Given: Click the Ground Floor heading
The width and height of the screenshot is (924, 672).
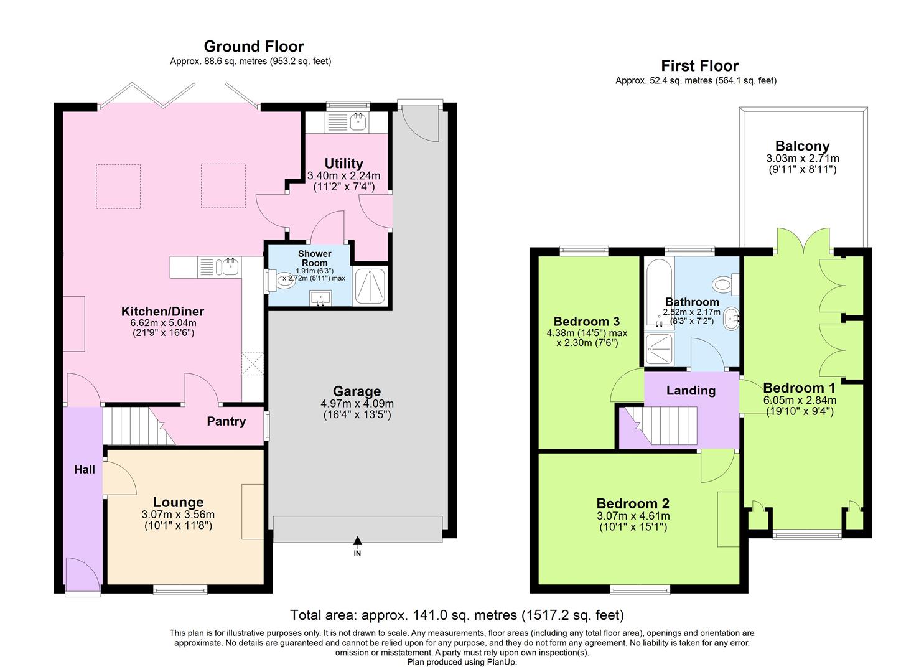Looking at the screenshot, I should [254, 47].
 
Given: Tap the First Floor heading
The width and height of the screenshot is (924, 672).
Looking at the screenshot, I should [699, 66].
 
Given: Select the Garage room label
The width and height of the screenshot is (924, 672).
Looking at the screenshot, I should [357, 391].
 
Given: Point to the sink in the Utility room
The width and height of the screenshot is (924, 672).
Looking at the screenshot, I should [358, 121].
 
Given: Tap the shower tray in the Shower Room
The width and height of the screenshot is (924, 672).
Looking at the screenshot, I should [370, 287].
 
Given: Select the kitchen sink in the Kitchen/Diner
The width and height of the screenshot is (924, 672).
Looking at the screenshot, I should [225, 268].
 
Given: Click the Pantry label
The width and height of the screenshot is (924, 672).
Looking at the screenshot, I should [226, 421].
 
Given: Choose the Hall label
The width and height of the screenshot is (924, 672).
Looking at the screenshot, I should [85, 469].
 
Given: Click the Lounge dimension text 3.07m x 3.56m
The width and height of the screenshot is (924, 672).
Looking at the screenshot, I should [177, 515].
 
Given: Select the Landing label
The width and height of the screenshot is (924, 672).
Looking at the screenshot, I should [691, 391].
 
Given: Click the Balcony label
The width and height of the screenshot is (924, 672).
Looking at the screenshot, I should [802, 146].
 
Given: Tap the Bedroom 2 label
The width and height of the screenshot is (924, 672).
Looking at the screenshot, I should [632, 503].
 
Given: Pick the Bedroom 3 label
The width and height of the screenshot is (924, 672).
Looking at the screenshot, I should [586, 322].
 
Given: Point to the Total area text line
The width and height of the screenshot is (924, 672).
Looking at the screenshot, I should [457, 615].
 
